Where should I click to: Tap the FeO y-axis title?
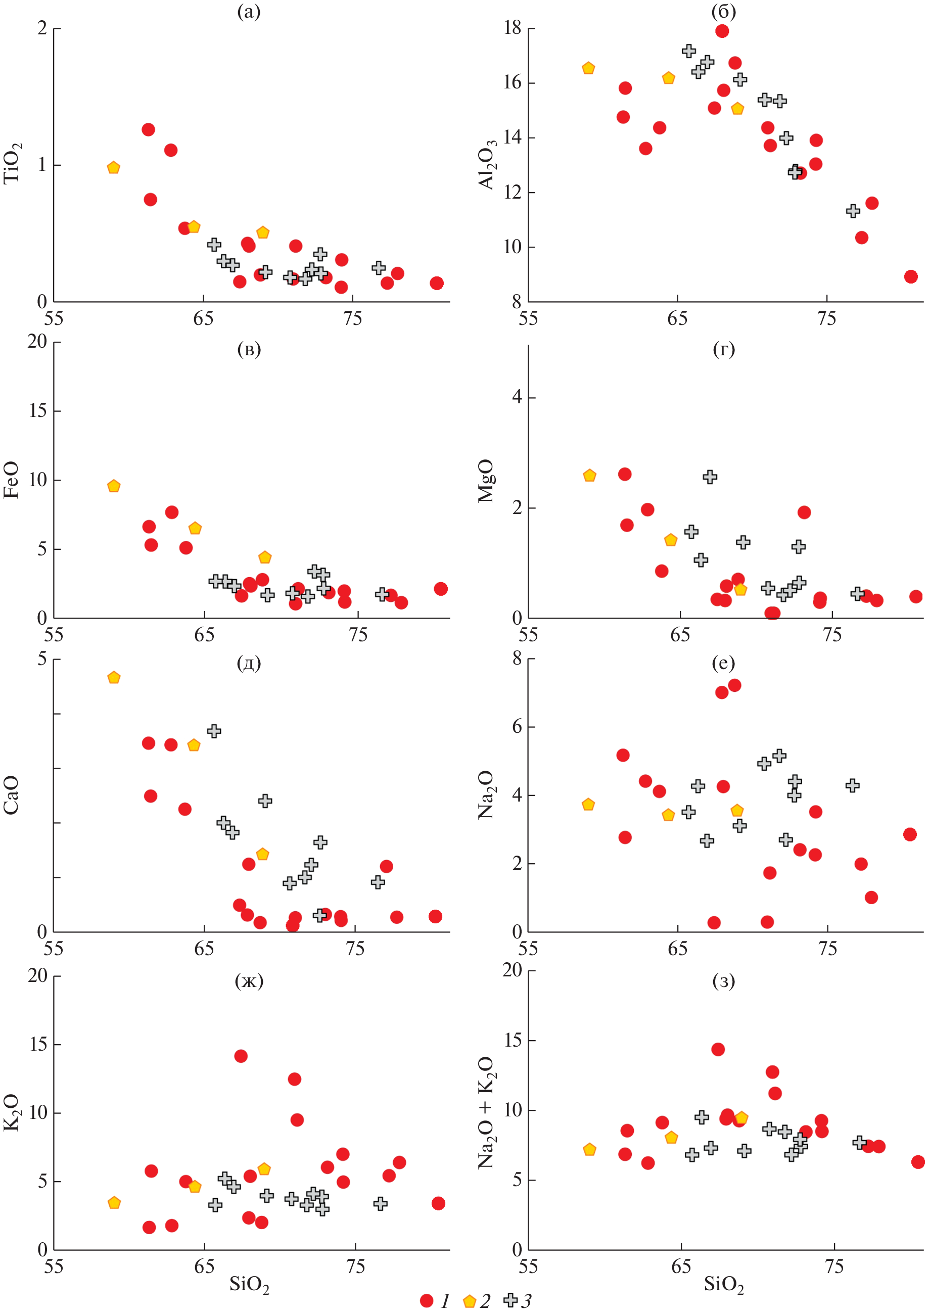click(12, 480)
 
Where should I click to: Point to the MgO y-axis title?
click(486, 481)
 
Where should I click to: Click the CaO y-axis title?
click(12, 795)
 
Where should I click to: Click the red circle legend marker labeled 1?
click(427, 1300)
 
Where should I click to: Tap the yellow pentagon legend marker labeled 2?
click(470, 1301)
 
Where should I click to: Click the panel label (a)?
click(249, 12)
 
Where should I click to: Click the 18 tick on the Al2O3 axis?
click(513, 27)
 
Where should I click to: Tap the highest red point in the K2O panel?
click(241, 1055)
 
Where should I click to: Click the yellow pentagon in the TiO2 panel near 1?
click(113, 168)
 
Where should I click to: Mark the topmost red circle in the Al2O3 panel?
click(722, 31)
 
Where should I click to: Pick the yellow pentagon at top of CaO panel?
click(114, 678)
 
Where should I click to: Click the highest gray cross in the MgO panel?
click(710, 477)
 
